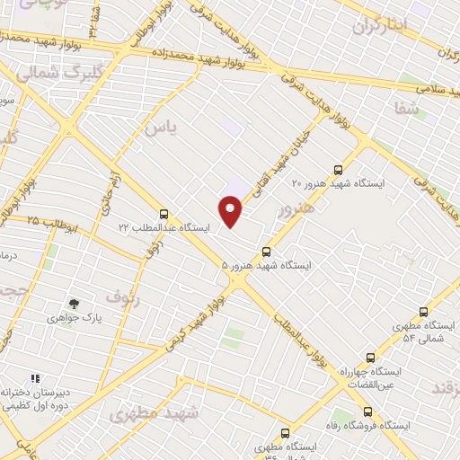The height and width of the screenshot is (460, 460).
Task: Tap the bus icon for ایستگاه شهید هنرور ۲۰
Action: click(338, 169)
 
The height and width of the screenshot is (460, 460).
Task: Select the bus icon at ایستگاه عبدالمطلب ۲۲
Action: click(163, 214)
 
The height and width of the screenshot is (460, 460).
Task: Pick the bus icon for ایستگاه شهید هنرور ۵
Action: click(266, 252)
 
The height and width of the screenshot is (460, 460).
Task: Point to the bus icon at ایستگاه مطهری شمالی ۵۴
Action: click(424, 311)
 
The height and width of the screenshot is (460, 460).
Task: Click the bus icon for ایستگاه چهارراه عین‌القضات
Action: click(370, 357)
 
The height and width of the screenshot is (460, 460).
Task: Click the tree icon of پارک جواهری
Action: click(74, 304)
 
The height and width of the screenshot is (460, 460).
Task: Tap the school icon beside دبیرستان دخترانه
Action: click(36, 379)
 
